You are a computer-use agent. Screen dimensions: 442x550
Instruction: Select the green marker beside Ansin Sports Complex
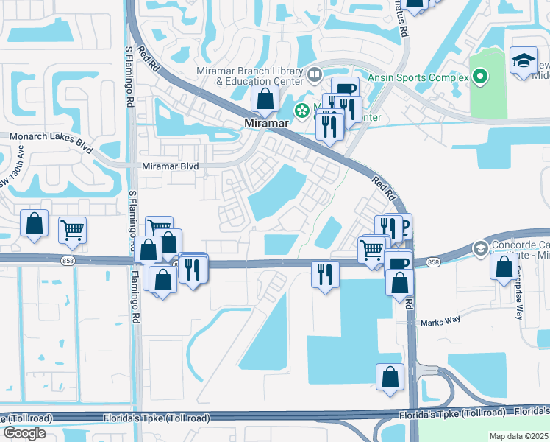point(481,76)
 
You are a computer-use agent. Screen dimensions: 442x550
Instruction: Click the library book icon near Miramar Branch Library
point(315,74)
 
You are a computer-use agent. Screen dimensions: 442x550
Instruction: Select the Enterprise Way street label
point(518,294)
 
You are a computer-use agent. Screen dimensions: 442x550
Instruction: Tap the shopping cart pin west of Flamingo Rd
point(72,230)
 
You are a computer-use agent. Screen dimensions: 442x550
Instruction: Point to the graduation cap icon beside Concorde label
point(481,248)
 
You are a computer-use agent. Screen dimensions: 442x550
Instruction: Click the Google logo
point(24,433)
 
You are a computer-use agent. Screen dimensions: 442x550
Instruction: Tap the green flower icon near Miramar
point(301,111)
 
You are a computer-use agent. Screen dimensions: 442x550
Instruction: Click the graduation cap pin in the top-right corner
point(524,62)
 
